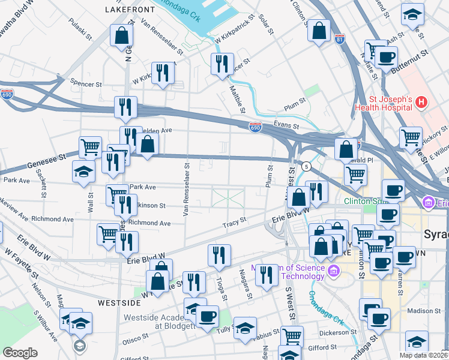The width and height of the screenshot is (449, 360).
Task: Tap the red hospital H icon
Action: click(x=421, y=102)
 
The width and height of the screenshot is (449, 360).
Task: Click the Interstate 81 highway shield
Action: click(x=340, y=39)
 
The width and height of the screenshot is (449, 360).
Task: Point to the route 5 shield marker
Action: click(x=306, y=166)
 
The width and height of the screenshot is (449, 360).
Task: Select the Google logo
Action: click(x=20, y=353)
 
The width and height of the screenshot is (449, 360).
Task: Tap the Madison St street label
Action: click(x=424, y=311)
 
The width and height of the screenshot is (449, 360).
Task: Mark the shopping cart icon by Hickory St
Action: click(x=411, y=137)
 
